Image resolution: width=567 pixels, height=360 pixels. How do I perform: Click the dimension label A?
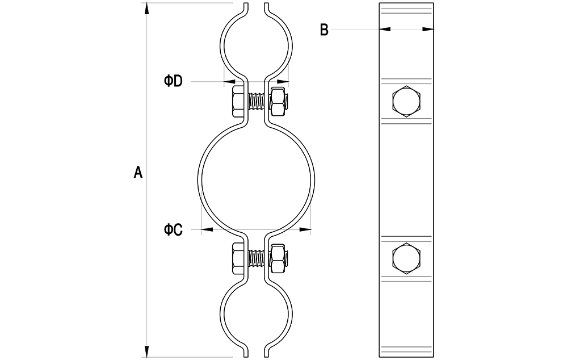click(x=138, y=173)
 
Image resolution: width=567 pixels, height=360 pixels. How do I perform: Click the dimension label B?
click(x=324, y=30)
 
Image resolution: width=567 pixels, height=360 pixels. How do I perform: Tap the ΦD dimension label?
click(x=173, y=81)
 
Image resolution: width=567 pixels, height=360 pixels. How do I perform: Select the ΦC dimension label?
click(x=173, y=229)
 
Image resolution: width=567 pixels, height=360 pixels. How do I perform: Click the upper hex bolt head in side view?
click(x=406, y=101)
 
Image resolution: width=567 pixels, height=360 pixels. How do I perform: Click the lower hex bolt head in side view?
click(x=406, y=258)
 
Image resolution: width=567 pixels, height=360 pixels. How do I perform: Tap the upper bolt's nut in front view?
click(x=279, y=102)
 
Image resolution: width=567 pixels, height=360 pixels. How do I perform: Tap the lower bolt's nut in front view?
click(x=279, y=259)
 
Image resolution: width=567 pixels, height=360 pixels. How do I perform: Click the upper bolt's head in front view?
click(x=238, y=102)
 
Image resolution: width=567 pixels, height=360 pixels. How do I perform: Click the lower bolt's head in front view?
click(x=238, y=259)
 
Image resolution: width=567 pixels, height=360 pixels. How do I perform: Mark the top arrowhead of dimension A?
click(x=146, y=9)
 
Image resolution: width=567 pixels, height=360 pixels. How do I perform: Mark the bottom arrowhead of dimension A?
click(x=146, y=351)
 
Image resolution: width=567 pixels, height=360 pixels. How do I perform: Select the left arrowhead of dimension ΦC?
click(x=207, y=229)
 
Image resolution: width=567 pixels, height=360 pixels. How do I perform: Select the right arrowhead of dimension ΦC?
click(x=305, y=229)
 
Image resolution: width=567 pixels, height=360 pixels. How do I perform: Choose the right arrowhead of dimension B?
click(x=428, y=29)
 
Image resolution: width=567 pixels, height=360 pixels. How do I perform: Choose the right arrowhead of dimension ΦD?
click(x=283, y=82)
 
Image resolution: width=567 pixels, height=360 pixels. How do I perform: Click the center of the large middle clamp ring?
click(x=256, y=177)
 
